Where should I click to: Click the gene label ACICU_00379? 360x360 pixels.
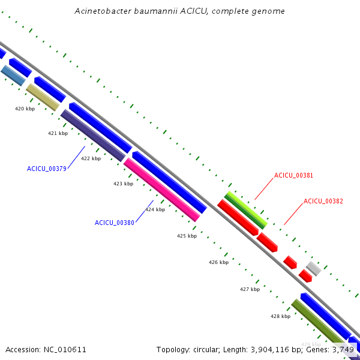pos(47,169)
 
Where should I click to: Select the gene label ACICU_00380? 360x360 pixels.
pos(115,223)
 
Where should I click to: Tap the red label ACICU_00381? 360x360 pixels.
pos(294,175)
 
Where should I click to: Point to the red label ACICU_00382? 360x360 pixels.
pos(323,201)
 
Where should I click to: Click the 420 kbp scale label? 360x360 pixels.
pos(25,109)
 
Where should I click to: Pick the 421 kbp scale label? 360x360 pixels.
pos(58,133)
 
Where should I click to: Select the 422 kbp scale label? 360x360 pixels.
pos(91,158)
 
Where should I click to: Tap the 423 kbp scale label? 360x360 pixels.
pos(123,184)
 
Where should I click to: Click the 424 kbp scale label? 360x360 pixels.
pos(155,209)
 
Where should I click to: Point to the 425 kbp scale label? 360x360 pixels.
pos(187,236)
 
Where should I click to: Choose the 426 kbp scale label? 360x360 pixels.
pos(218,262)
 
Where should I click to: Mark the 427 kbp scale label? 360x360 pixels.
pos(250,289)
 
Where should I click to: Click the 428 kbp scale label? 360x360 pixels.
pos(280,316)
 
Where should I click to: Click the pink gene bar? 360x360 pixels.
pos(161,190)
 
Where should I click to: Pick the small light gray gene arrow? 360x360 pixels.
pos(313,268)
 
